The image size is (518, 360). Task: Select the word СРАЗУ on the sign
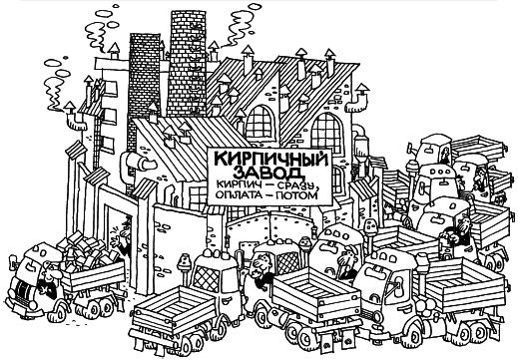click(x=298, y=186)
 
